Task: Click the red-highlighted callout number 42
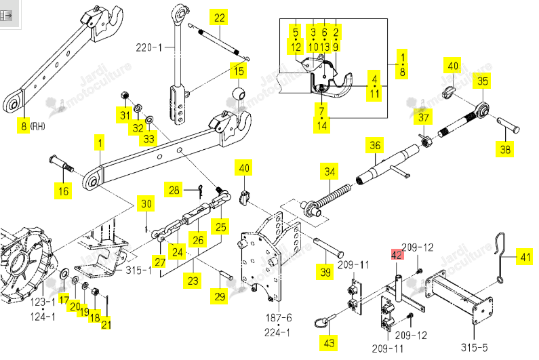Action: click(397, 254)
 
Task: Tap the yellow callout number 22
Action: click(219, 18)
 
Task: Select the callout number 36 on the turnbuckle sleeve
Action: click(375, 145)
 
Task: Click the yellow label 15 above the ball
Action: click(239, 71)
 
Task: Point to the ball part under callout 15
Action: click(239, 94)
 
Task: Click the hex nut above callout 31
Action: click(125, 95)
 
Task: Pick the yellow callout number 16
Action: click(64, 191)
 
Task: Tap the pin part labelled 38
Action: click(508, 125)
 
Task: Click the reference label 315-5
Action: click(475, 347)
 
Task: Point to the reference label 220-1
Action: click(149, 47)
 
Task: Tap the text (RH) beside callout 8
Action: click(38, 126)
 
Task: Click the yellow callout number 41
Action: click(525, 257)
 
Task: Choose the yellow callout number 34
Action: click(330, 172)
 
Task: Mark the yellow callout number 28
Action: click(174, 190)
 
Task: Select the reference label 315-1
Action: click(138, 270)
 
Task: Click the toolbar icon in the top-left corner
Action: click(6, 16)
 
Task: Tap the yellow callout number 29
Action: click(220, 296)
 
